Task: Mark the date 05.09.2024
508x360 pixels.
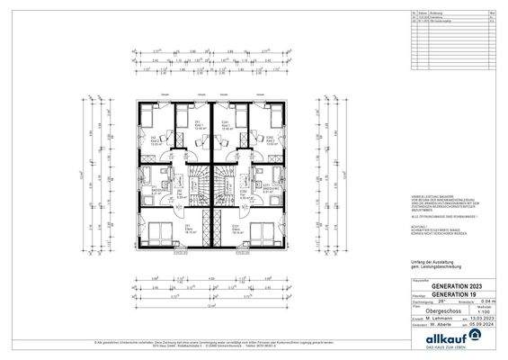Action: pyautogui.click(x=485, y=323)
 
